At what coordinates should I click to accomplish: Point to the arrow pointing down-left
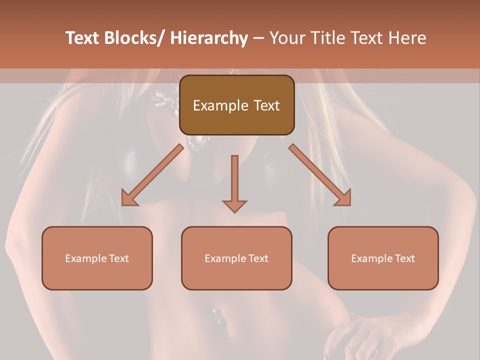tap(152, 175)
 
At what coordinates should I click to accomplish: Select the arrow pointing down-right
tap(320, 175)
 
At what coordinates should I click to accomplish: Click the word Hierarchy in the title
tap(209, 38)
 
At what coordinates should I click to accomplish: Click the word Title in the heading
tap(328, 38)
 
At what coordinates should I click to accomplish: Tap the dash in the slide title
tap(258, 38)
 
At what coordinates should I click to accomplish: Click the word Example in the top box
tap(220, 106)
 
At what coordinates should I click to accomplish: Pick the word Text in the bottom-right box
tap(403, 258)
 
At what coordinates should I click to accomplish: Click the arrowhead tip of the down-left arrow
tap(123, 204)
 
